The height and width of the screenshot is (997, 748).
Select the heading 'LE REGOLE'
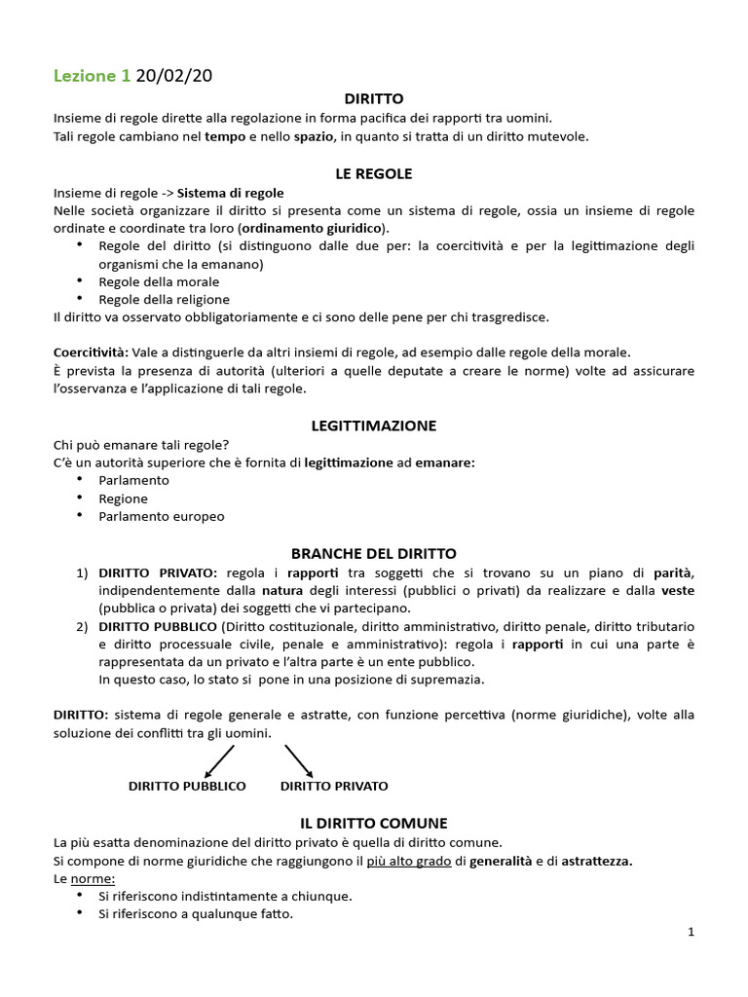374,173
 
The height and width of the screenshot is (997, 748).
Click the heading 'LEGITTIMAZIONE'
374,425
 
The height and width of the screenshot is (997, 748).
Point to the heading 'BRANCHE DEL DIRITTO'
374,553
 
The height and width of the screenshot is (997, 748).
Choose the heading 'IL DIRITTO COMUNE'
374,823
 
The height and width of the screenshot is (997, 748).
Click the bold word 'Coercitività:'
90,351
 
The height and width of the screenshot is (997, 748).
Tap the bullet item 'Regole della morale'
159,281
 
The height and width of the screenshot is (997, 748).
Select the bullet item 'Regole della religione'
164,299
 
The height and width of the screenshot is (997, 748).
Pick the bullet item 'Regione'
123,498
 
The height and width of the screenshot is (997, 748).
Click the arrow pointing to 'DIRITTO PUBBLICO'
220,761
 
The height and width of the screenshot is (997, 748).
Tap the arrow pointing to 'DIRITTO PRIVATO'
298,761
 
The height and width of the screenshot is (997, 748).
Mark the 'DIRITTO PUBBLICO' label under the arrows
187,786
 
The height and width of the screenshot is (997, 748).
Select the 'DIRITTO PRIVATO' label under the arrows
334,786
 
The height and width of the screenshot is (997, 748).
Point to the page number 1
691,932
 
